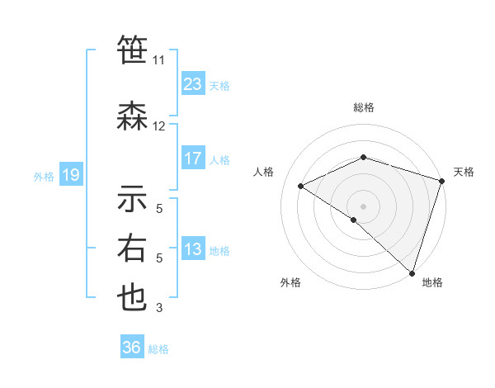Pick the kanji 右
click(132, 248)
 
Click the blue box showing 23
click(192, 84)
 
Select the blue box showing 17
click(192, 159)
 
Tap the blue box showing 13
click(192, 249)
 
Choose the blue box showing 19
click(70, 175)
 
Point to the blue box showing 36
click(132, 348)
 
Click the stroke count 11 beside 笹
click(158, 60)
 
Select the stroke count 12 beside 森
click(158, 126)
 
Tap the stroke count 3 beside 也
click(158, 308)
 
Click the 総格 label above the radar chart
click(363, 107)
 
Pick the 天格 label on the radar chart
click(464, 172)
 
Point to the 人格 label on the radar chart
click(263, 172)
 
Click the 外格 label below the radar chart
click(290, 283)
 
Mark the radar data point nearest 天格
click(441, 181)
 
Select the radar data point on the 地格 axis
click(412, 272)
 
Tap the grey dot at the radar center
click(363, 206)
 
